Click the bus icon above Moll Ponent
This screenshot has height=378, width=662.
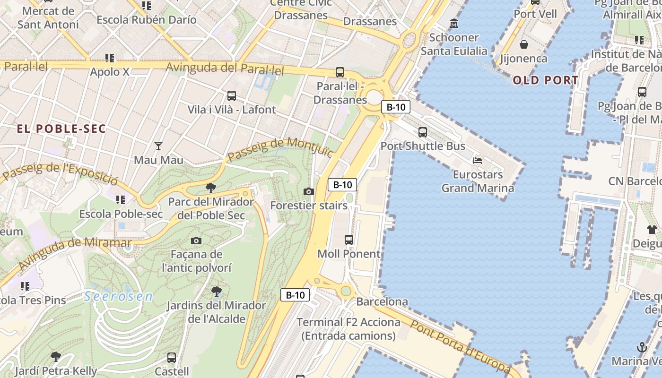click(x=349, y=240)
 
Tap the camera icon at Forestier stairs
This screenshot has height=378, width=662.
click(x=309, y=191)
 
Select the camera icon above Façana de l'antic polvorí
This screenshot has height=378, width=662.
click(x=196, y=241)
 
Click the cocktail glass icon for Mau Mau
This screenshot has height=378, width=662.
click(x=158, y=146)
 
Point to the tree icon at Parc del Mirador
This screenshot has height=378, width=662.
click(x=211, y=188)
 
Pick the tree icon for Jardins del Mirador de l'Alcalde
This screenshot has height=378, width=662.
click(x=216, y=291)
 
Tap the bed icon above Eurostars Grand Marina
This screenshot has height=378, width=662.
click(x=478, y=161)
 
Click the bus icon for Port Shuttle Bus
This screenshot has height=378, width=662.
click(x=423, y=132)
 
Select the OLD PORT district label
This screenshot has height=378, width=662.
click(x=546, y=80)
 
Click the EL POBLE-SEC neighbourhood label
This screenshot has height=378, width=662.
click(x=61, y=129)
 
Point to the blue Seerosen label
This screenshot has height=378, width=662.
click(x=119, y=297)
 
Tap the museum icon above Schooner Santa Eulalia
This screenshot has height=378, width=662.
click(x=454, y=23)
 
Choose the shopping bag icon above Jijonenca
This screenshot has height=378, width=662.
click(x=524, y=45)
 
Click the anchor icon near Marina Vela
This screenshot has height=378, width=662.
click(x=642, y=348)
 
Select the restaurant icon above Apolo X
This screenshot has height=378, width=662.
click(x=110, y=58)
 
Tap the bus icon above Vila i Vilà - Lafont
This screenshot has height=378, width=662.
click(x=232, y=96)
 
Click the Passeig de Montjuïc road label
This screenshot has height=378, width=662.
click(x=280, y=149)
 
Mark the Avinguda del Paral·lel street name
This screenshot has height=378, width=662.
click(x=225, y=69)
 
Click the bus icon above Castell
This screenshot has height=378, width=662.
click(x=172, y=357)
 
